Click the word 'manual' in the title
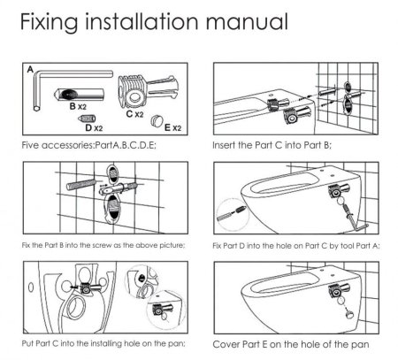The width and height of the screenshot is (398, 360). coord(247,22)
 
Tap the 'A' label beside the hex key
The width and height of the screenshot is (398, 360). coord(30,70)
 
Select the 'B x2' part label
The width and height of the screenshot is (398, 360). coord(78,106)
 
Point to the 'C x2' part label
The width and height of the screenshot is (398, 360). coord(134,114)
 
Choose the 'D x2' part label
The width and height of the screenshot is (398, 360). coord(94,128)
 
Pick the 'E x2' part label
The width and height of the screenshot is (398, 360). coord(172,127)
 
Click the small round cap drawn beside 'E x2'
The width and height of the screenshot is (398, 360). coord(157,120)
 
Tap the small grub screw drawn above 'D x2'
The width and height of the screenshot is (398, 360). coord(87,119)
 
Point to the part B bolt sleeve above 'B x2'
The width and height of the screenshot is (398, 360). coord(79,95)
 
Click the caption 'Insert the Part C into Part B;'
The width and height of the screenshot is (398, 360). coord(272,145)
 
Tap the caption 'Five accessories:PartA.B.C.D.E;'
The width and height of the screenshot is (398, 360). coord(88,145)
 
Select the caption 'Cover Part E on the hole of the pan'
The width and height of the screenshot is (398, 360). coord(291,344)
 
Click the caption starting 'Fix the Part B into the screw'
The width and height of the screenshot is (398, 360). coord(103,245)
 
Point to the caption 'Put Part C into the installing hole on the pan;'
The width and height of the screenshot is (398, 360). coord(103,343)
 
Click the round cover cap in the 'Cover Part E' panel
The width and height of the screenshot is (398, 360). coord(351,314)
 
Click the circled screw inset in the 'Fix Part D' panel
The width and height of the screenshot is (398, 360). coord(233,214)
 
